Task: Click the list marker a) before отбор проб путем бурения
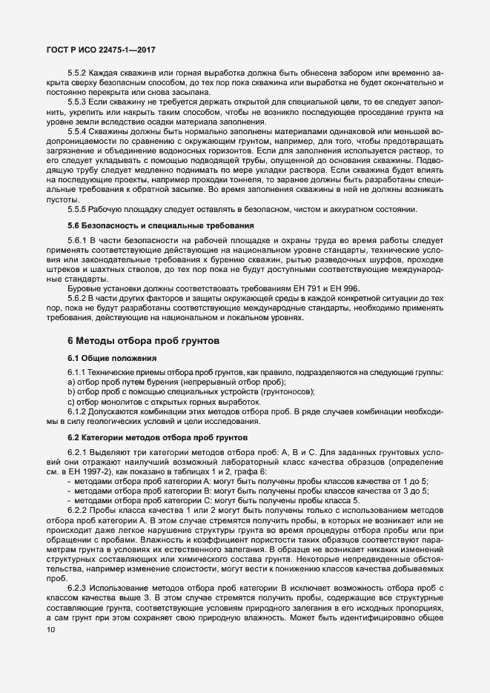pyautogui.click(x=70, y=381)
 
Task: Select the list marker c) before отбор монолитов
pyautogui.click(x=70, y=401)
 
